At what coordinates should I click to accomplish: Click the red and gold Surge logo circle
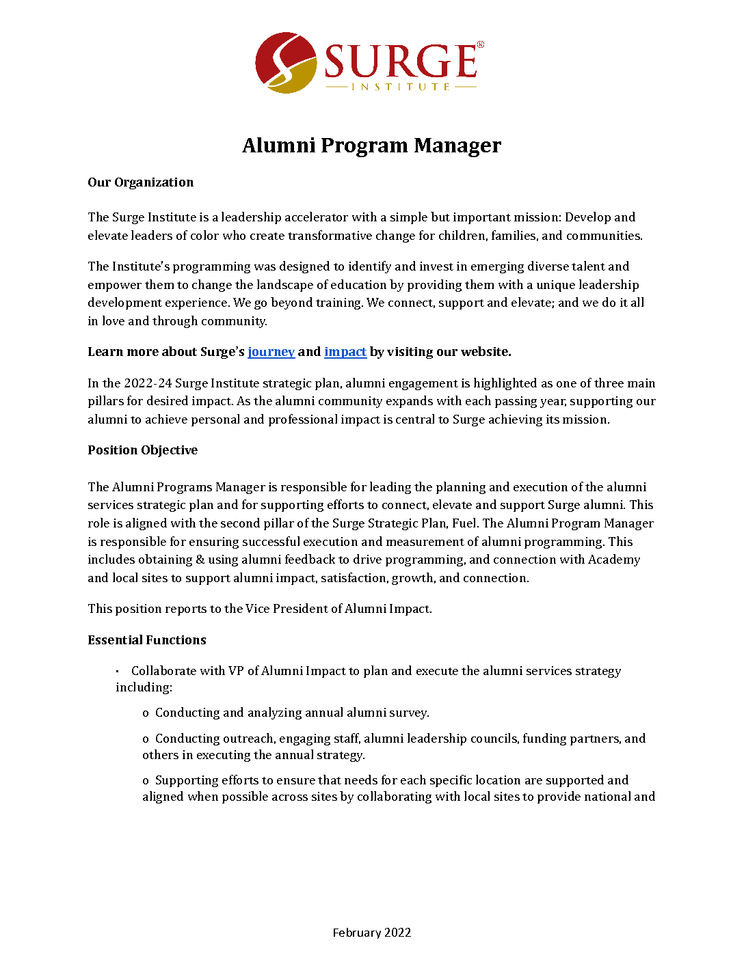point(285,63)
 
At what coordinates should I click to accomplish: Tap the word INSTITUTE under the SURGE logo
point(401,87)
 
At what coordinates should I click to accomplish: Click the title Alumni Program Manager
point(371,146)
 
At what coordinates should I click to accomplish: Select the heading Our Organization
point(140,182)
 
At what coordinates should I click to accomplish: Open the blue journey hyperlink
point(271,352)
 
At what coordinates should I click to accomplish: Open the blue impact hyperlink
point(345,352)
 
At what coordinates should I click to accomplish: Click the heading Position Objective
point(142,450)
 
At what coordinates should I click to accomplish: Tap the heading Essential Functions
point(146,640)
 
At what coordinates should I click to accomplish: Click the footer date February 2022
point(371,933)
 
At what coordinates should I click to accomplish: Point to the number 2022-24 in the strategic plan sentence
point(147,383)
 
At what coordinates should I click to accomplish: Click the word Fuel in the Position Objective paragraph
point(464,523)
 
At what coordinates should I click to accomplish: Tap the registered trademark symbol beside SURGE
point(480,45)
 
